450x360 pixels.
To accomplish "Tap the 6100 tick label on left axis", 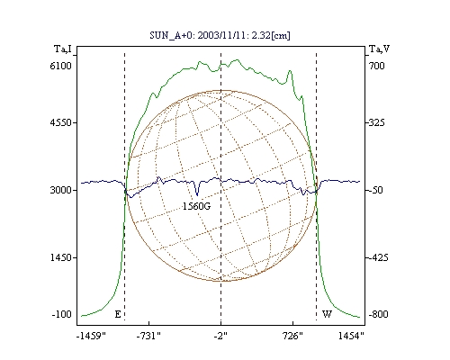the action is [x=60, y=66].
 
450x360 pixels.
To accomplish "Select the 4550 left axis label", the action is [x=60, y=122].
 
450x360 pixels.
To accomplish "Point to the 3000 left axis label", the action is [x=60, y=190].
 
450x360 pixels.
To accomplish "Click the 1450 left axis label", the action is [x=60, y=257].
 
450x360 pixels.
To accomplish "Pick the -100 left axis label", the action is [x=61, y=314].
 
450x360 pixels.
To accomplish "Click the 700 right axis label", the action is [x=376, y=66].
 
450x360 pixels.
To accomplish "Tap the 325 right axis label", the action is [x=376, y=122].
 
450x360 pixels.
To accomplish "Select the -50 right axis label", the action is [x=375, y=190].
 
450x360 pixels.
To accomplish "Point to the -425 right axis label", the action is [x=378, y=257].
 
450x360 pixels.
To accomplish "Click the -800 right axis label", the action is [x=378, y=314].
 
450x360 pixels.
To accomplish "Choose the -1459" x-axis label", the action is [x=91, y=336].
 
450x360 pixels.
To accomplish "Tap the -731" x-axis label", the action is [x=148, y=336].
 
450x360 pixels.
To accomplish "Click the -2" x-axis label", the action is [x=220, y=336].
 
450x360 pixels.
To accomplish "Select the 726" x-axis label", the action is [x=292, y=336].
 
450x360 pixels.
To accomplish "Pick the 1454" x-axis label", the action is [x=351, y=336].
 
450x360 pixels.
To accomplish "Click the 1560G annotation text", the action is [x=197, y=206].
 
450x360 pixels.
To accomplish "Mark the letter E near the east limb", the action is [x=118, y=314].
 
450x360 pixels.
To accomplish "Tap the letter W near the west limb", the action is [x=327, y=314].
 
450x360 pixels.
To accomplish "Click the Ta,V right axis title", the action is [x=379, y=49].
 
